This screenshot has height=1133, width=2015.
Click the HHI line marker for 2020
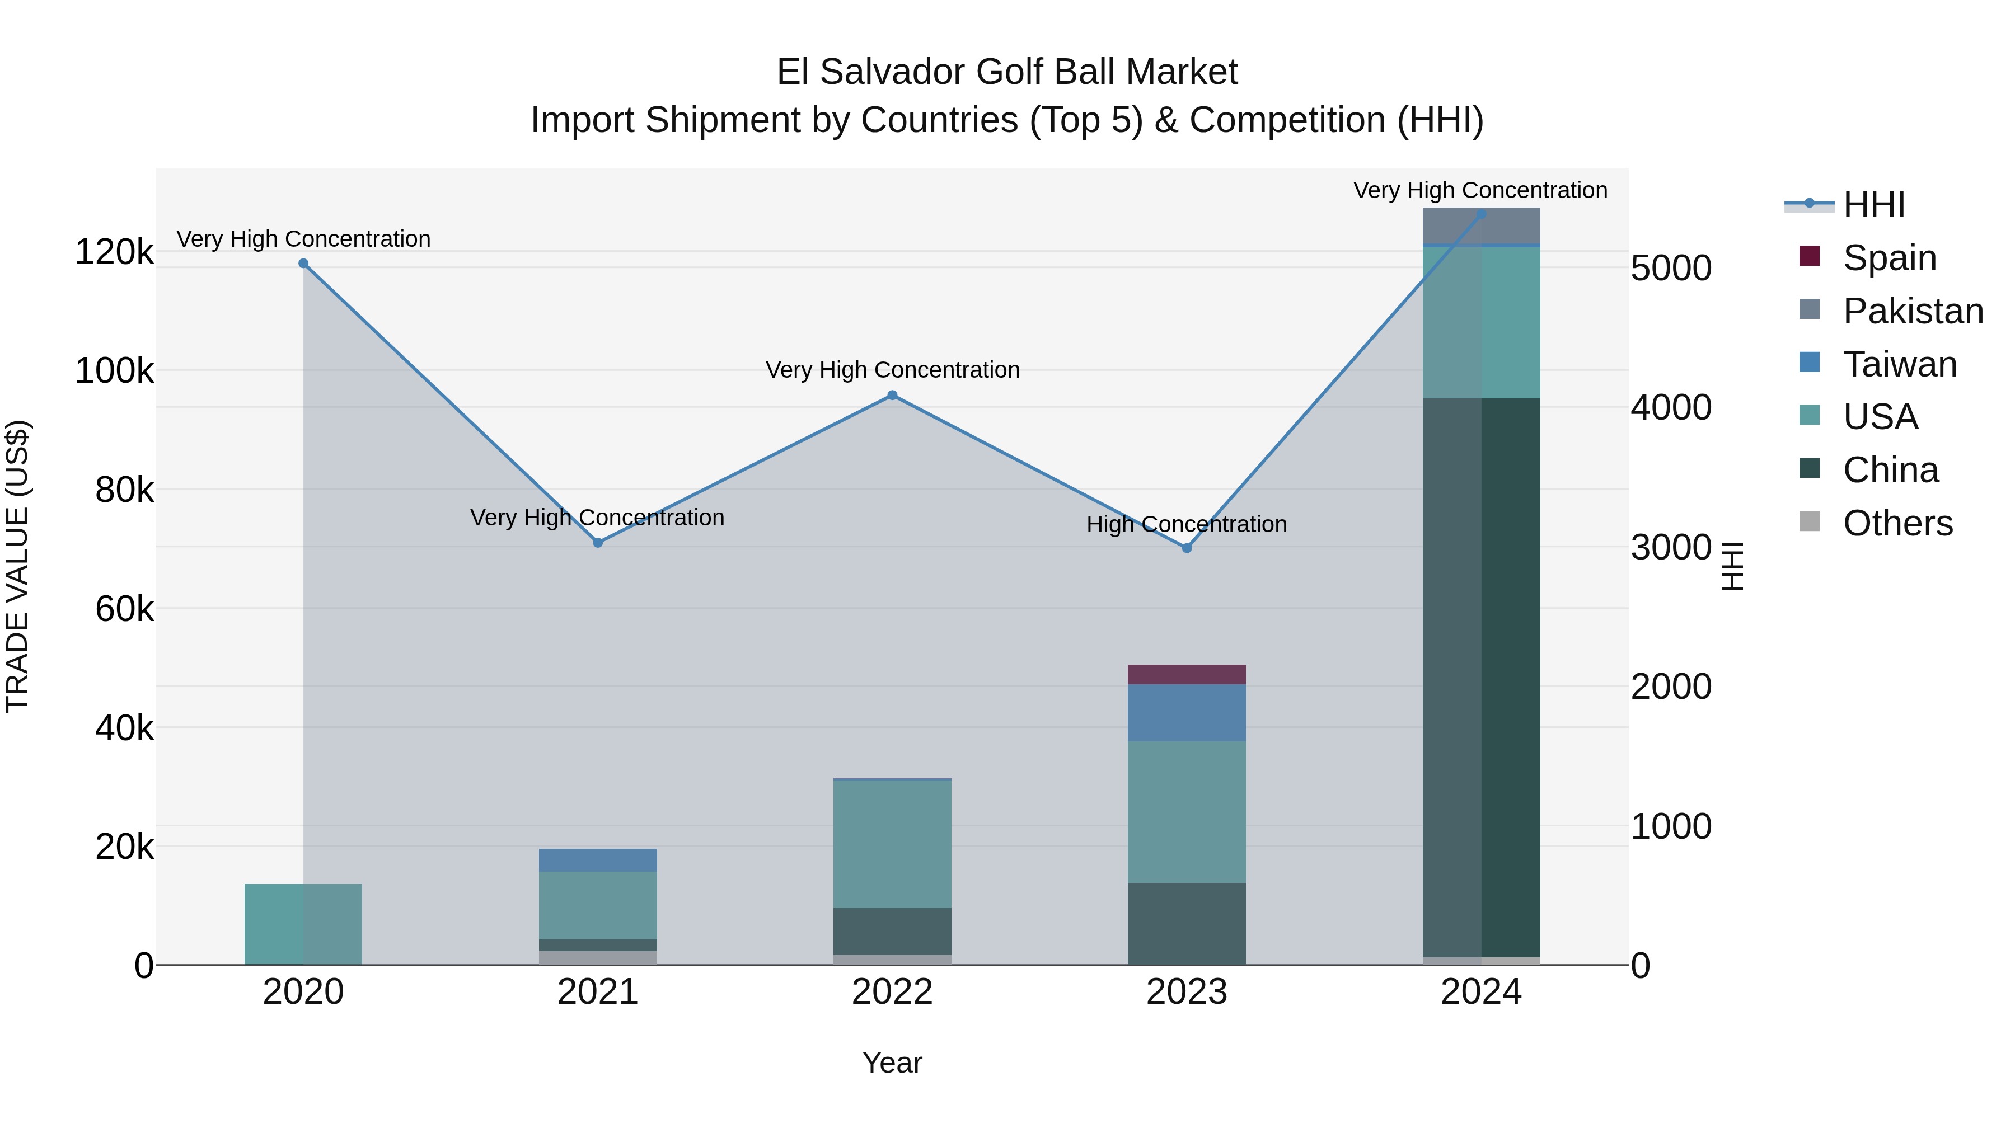[x=303, y=264]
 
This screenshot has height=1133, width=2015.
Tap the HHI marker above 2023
[x=1187, y=548]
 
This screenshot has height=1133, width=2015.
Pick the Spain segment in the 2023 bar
[x=1187, y=675]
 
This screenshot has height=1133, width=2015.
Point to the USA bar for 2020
[x=303, y=924]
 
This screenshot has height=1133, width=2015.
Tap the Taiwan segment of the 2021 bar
[x=598, y=860]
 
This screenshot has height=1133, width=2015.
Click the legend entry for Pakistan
[x=1913, y=311]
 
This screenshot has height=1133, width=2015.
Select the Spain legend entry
[x=1889, y=258]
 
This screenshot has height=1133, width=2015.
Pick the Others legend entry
[x=1897, y=523]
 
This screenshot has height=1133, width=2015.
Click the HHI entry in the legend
[x=1873, y=205]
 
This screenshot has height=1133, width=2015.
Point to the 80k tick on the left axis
[x=124, y=490]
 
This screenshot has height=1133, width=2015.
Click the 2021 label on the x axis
[x=598, y=992]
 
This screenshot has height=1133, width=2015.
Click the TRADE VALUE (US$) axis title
[x=18, y=566]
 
